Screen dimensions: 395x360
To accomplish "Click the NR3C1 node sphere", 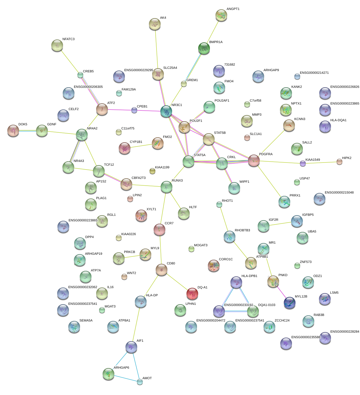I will (166, 112).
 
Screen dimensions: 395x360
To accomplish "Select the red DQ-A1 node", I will (192, 294).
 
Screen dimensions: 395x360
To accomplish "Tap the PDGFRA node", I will (254, 160).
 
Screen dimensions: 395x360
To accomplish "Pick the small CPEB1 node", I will (134, 110).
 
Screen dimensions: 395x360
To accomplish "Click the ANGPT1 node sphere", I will (221, 16).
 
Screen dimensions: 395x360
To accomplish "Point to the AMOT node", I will (140, 382).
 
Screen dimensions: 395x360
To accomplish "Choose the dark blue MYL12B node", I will (290, 303).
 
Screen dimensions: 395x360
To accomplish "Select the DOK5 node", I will (13, 131).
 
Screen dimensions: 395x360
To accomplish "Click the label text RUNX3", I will (177, 181).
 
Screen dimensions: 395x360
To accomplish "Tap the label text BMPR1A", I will (216, 42).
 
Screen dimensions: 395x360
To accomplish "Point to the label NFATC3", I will (68, 39).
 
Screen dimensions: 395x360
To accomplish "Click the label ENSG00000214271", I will (314, 73).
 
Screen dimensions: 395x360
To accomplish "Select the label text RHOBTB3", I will (242, 230).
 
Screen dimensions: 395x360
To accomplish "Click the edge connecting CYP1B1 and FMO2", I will (141, 146).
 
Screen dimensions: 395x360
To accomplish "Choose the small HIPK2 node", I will (339, 162).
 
